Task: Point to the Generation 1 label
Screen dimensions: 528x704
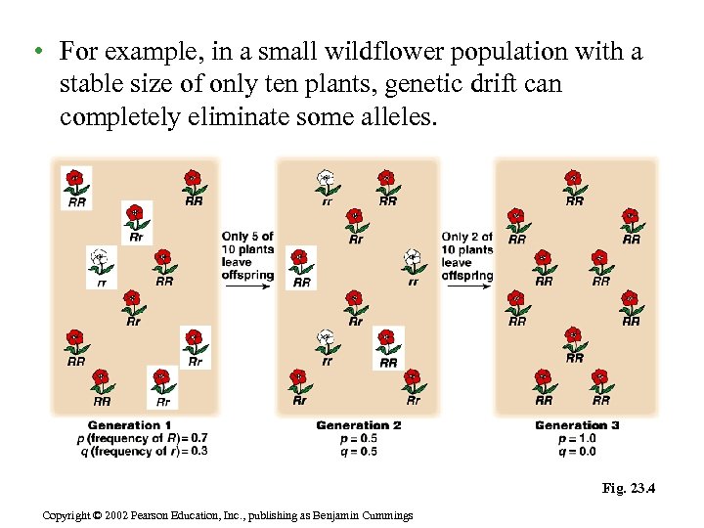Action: tap(129, 425)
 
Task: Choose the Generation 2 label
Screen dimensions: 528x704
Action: tap(359, 425)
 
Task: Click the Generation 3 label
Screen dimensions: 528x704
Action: tap(577, 425)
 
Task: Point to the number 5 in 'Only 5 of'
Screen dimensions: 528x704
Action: tap(255, 237)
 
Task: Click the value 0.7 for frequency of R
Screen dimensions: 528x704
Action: tap(198, 438)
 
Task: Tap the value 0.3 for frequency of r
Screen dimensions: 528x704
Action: tap(198, 451)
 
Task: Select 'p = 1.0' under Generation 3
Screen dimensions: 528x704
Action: tap(577, 438)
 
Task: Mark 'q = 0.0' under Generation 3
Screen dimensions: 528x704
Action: tap(577, 451)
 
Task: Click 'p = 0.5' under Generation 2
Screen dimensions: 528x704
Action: tap(359, 438)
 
